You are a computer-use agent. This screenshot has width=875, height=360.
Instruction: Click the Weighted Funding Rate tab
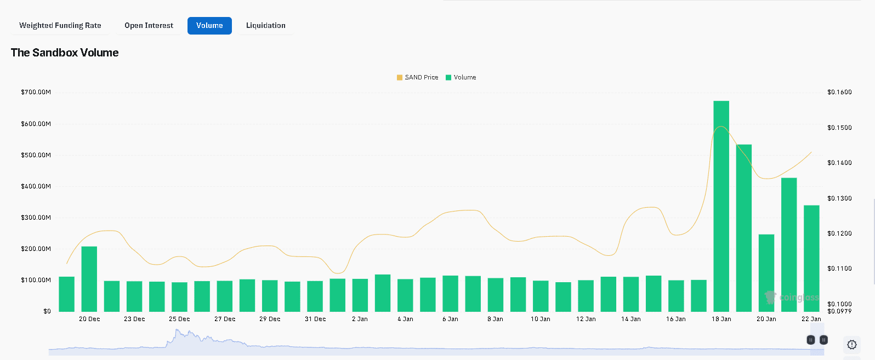[x=60, y=26]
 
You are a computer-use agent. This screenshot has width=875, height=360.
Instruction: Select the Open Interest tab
[x=149, y=26]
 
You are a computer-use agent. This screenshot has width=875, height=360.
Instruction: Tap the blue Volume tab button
[x=209, y=26]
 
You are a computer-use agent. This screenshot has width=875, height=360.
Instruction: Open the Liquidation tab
[x=265, y=26]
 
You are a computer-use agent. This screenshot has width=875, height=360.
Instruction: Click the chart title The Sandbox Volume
[x=65, y=53]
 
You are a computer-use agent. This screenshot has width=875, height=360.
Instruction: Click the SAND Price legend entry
[x=418, y=77]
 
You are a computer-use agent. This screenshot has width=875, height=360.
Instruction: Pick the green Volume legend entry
[x=461, y=77]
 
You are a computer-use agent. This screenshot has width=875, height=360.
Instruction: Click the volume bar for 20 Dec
[x=89, y=279]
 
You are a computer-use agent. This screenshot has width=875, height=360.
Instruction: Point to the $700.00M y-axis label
[x=36, y=92]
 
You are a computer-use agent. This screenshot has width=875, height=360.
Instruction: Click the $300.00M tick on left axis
[x=36, y=218]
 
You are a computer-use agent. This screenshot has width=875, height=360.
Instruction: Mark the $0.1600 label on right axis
[x=839, y=92]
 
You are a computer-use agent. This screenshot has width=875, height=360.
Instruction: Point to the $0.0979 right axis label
[x=839, y=311]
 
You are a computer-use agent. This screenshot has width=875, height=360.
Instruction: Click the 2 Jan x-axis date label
[x=360, y=319]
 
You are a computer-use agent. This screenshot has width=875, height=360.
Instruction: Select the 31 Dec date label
[x=315, y=319]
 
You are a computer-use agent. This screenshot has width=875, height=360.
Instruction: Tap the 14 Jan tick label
[x=630, y=319]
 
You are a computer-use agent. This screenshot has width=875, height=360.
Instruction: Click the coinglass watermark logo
[x=792, y=298]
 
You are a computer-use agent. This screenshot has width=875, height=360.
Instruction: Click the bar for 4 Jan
[x=405, y=295]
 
